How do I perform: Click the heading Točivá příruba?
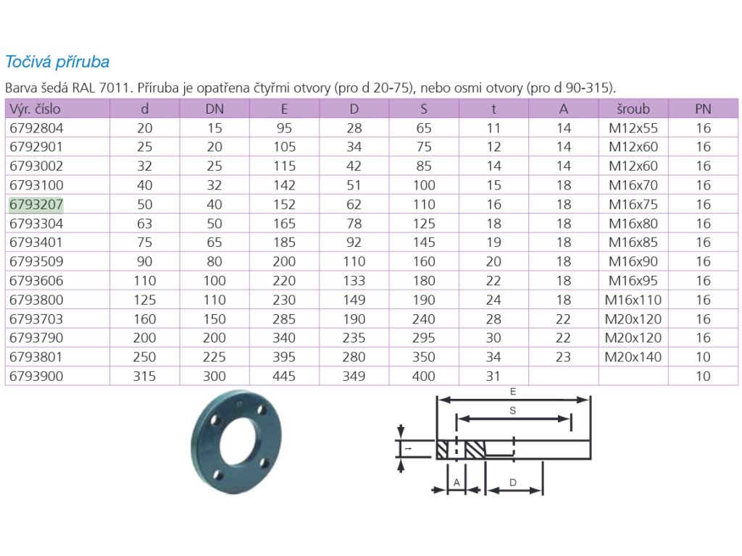(57, 62)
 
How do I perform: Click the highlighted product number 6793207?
(36, 204)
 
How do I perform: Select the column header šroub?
(633, 109)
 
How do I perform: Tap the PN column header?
(703, 109)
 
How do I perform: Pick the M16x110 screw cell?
(633, 300)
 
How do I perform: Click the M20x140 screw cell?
(633, 357)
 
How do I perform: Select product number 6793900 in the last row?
(36, 376)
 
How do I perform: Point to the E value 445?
(284, 376)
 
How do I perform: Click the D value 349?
(354, 376)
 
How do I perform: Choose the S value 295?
(423, 337)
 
